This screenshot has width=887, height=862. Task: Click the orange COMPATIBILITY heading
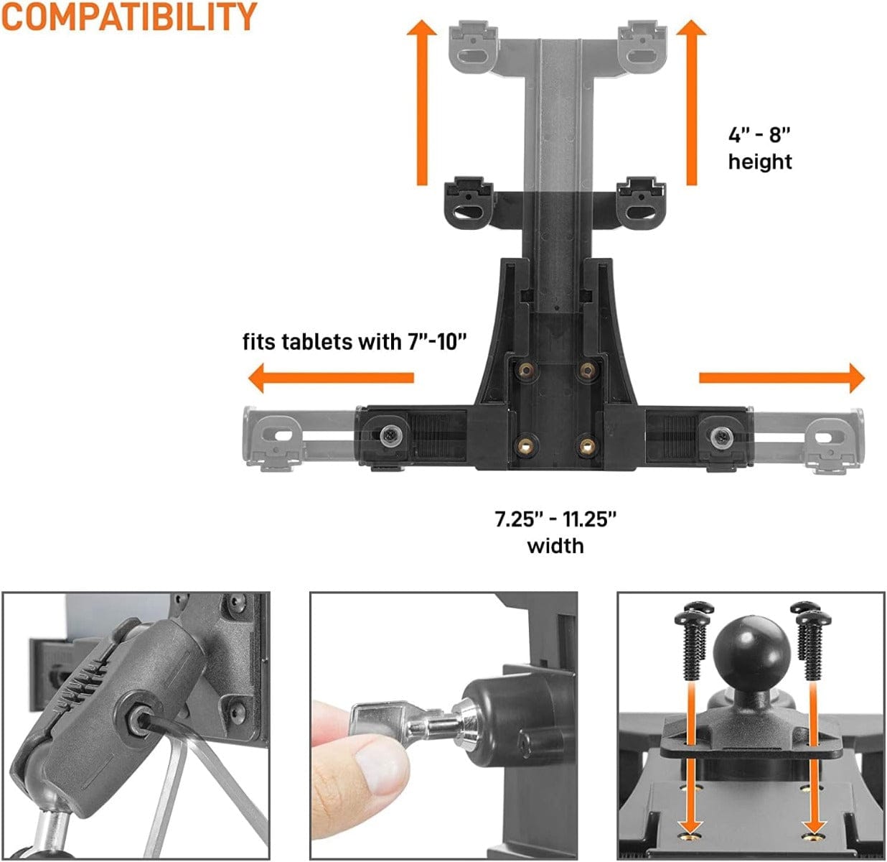(129, 17)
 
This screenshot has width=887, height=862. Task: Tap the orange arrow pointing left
(330, 378)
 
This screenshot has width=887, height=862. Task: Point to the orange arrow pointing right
(782, 378)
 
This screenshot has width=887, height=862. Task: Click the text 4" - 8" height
(760, 149)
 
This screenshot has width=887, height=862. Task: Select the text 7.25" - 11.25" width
(555, 532)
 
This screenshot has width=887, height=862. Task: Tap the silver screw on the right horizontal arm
(719, 437)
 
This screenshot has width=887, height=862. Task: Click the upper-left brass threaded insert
(526, 371)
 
